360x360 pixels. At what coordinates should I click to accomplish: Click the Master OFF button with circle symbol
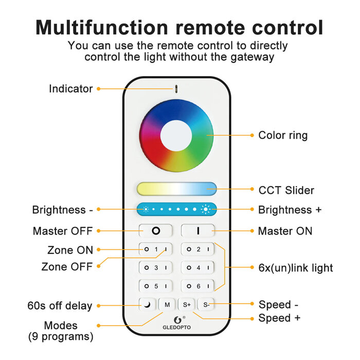155,231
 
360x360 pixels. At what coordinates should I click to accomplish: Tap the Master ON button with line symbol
197,231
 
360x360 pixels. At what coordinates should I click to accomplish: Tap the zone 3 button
155,268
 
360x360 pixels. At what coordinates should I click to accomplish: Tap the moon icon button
148,304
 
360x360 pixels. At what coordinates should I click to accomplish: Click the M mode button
167,304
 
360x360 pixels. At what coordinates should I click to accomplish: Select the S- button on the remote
206,304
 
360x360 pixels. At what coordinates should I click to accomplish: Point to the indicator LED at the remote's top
176,88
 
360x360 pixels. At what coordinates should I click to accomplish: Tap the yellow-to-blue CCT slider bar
176,188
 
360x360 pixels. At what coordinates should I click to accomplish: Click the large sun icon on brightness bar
206,209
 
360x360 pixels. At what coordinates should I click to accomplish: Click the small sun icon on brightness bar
146,209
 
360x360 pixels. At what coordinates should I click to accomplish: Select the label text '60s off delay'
60,306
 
